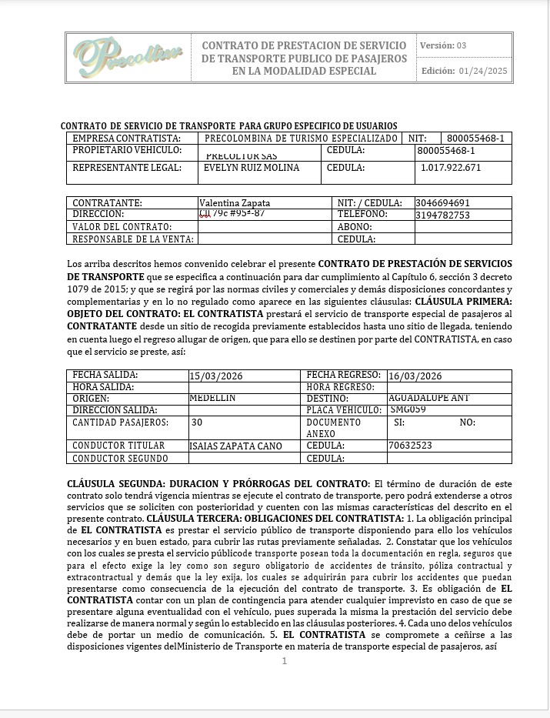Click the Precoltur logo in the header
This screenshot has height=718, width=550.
pyautogui.click(x=128, y=56)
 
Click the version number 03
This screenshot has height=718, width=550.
pyautogui.click(x=462, y=45)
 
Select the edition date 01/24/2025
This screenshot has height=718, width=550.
pyautogui.click(x=483, y=71)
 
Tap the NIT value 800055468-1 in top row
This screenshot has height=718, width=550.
pyautogui.click(x=475, y=139)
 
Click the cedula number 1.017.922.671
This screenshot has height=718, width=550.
pyautogui.click(x=451, y=168)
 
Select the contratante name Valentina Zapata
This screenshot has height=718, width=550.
pyautogui.click(x=235, y=203)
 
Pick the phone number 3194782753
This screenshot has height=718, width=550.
pyautogui.click(x=442, y=215)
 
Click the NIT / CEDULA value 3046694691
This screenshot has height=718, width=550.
pyautogui.click(x=442, y=203)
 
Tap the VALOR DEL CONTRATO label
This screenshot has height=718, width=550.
pyautogui.click(x=122, y=227)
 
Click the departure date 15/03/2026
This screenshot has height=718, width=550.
pyautogui.click(x=216, y=376)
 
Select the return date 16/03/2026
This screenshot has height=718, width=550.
pyautogui.click(x=415, y=376)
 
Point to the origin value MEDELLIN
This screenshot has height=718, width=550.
pyautogui.click(x=212, y=398)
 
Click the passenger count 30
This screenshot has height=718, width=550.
pyautogui.click(x=197, y=422)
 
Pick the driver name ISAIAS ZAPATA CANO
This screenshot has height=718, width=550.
pyautogui.click(x=235, y=446)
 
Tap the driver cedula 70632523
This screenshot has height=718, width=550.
pyautogui.click(x=410, y=446)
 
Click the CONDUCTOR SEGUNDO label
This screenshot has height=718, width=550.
pyautogui.click(x=120, y=459)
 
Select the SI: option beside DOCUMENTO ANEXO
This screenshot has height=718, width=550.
pyautogui.click(x=399, y=422)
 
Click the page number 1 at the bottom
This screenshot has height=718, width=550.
pyautogui.click(x=284, y=660)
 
